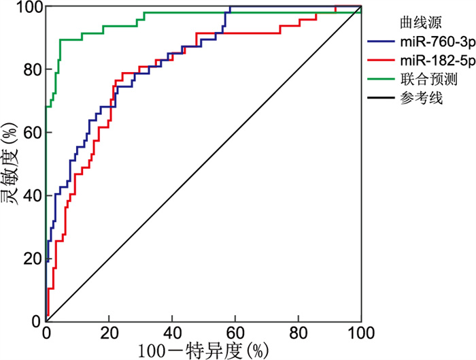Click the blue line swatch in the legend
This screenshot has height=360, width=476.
pyautogui.click(x=381, y=42)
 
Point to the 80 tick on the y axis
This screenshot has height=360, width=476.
pyautogui.click(x=30, y=70)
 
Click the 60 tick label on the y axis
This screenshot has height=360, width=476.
pyautogui.click(x=30, y=133)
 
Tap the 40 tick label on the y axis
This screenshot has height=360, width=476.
pyautogui.click(x=30, y=195)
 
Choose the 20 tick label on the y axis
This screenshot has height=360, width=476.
pyautogui.click(x=30, y=258)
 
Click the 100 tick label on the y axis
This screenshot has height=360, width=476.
pyautogui.click(x=26, y=7)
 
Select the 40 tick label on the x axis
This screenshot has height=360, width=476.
pyautogui.click(x=172, y=333)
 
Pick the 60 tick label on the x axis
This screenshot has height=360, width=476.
pyautogui.click(x=235, y=333)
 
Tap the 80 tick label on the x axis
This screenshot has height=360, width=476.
pyautogui.click(x=298, y=333)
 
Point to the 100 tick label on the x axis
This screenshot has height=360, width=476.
pyautogui.click(x=361, y=333)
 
